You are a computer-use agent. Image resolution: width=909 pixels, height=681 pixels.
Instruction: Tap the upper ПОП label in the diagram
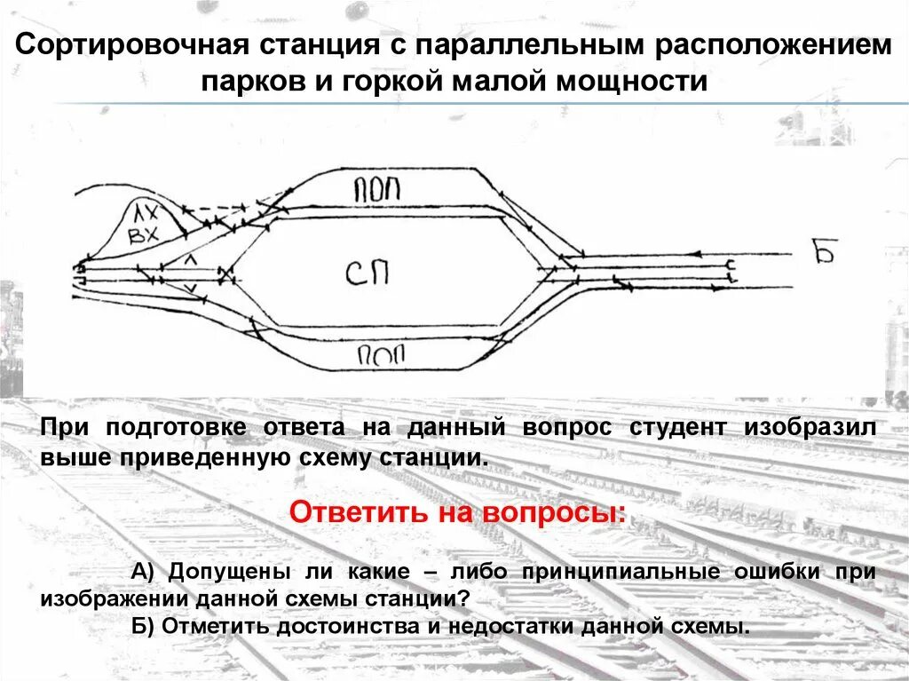(377, 188)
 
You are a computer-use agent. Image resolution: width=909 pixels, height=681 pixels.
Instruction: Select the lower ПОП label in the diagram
(381, 356)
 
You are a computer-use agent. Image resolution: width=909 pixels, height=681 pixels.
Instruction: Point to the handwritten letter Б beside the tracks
(825, 253)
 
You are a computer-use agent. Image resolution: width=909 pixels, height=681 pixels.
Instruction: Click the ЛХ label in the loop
(145, 213)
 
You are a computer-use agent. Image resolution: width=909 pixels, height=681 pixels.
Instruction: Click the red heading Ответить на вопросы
(457, 512)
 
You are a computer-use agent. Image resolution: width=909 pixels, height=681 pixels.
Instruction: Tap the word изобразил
(810, 427)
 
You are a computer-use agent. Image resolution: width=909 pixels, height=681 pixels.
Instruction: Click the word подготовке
(178, 427)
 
